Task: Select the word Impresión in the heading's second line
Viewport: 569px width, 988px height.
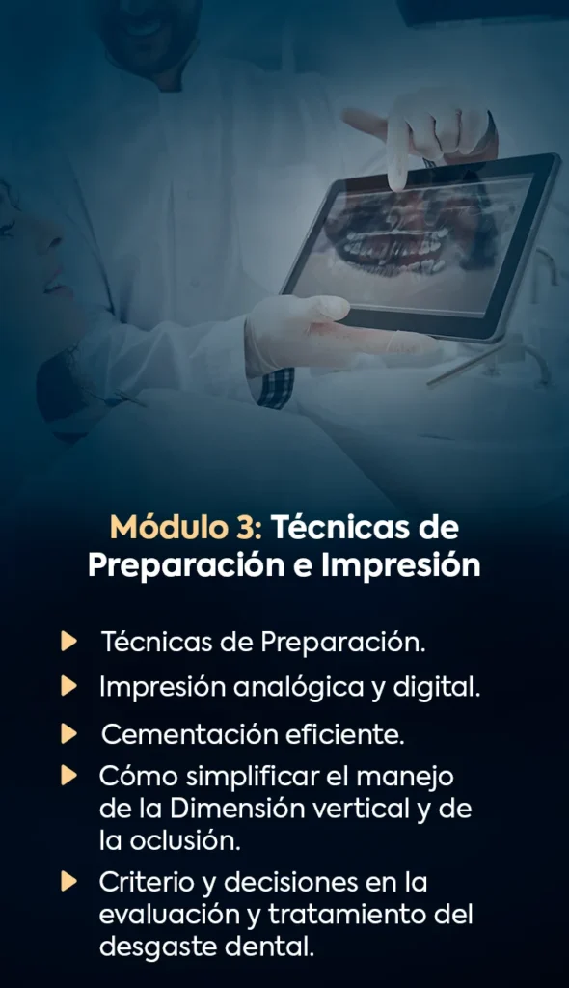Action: [401, 565]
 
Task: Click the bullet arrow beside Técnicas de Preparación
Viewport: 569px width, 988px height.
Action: [68, 642]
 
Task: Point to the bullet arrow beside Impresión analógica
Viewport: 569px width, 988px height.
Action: [68, 686]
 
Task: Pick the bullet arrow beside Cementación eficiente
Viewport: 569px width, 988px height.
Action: [68, 733]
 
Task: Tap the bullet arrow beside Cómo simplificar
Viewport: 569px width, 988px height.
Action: [68, 776]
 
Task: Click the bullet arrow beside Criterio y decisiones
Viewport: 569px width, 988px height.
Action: [68, 882]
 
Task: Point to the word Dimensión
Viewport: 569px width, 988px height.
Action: [237, 809]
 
